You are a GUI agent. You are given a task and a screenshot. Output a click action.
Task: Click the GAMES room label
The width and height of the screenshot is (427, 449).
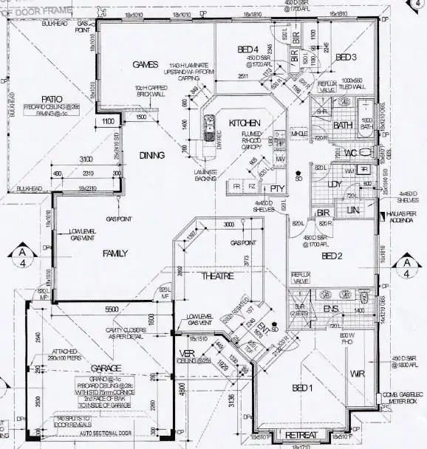(x=140, y=64)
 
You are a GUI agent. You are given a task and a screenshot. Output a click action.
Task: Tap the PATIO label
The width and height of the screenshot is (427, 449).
(x=51, y=97)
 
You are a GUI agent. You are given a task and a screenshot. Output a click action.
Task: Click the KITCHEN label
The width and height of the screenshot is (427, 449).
(x=243, y=122)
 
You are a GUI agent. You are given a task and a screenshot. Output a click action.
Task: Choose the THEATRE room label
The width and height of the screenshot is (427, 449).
(x=219, y=275)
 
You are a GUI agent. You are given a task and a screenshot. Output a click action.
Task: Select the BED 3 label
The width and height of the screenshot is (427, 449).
(x=346, y=57)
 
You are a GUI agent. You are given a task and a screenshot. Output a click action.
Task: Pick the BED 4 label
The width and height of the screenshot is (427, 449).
(x=248, y=49)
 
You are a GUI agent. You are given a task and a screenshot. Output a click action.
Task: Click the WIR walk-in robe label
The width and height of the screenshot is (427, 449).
(x=358, y=374)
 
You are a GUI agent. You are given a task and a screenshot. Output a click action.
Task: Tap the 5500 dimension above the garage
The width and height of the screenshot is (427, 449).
(x=112, y=309)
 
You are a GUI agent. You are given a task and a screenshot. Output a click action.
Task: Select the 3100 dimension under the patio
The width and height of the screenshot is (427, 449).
(x=86, y=160)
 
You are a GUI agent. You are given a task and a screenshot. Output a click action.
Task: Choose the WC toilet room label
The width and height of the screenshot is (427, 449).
(x=352, y=153)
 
